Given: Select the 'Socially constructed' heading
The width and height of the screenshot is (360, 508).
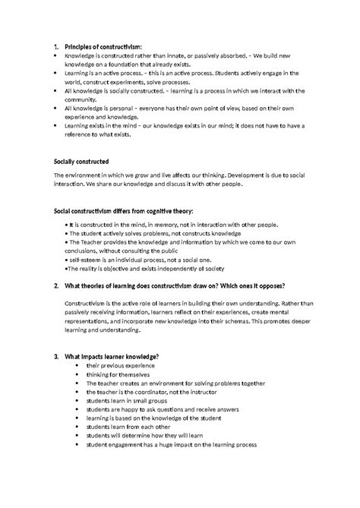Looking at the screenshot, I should (82, 162).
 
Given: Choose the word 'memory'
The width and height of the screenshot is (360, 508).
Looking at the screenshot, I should (166, 226).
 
